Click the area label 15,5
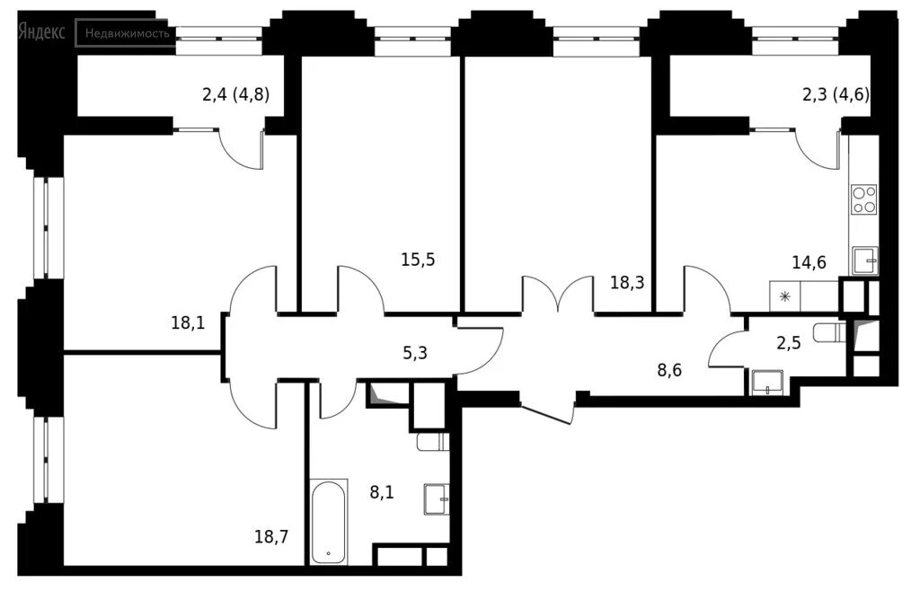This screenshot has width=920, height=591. pos(419,260)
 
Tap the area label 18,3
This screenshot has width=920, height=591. pos(627,283)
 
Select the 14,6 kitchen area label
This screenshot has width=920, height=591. pos(809,262)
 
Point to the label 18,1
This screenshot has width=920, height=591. pos(189,322)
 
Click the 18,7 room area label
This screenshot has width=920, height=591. pos(271,536)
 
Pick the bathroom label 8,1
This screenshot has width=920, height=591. pos(382,492)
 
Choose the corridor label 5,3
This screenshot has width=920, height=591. pos(415,353)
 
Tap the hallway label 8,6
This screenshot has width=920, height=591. pos(669,370)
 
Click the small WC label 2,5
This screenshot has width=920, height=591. pos(789,342)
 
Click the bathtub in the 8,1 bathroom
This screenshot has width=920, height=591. pos(328,523)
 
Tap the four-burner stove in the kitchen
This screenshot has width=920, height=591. pos(864,199)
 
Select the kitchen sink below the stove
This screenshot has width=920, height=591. pos(865,260)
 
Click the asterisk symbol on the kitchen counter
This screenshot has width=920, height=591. pos(784,296)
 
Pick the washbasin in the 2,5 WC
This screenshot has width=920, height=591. pos(767,383)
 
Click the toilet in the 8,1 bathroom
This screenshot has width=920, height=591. pos(433,442)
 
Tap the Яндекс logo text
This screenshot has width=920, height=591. pos(41,31)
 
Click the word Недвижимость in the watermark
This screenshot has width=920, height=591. pos(128,33)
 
